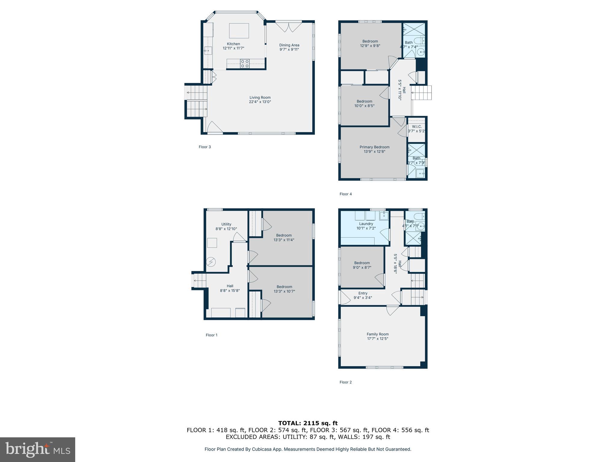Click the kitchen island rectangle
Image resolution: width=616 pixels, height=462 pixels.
[239, 31]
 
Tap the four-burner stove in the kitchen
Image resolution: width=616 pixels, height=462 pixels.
[245, 63]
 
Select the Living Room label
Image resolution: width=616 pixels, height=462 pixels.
[260, 97]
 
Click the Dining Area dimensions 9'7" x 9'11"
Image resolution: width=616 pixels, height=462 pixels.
[289, 50]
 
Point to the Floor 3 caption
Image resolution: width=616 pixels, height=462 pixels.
[205, 147]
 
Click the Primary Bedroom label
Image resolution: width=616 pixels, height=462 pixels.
[374, 147]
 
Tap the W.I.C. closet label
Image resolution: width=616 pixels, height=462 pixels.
[417, 127]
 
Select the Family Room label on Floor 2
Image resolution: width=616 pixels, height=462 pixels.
[377, 334]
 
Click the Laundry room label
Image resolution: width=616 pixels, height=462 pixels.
[366, 224]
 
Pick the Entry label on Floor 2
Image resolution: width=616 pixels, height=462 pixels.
[363, 293]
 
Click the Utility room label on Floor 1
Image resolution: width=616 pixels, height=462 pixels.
[226, 224]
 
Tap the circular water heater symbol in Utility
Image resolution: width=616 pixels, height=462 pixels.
[211, 262]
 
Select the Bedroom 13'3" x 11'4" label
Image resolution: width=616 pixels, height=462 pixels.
[284, 236]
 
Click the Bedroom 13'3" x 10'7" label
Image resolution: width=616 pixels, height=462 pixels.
[284, 287]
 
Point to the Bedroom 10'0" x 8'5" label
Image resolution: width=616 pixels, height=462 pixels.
[364, 101]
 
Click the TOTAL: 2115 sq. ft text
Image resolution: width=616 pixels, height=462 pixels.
[308, 423]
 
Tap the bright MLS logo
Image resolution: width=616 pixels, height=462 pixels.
[38, 450]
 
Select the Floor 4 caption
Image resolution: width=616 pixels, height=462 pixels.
[346, 194]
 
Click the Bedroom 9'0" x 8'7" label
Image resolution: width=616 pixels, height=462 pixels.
[362, 263]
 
